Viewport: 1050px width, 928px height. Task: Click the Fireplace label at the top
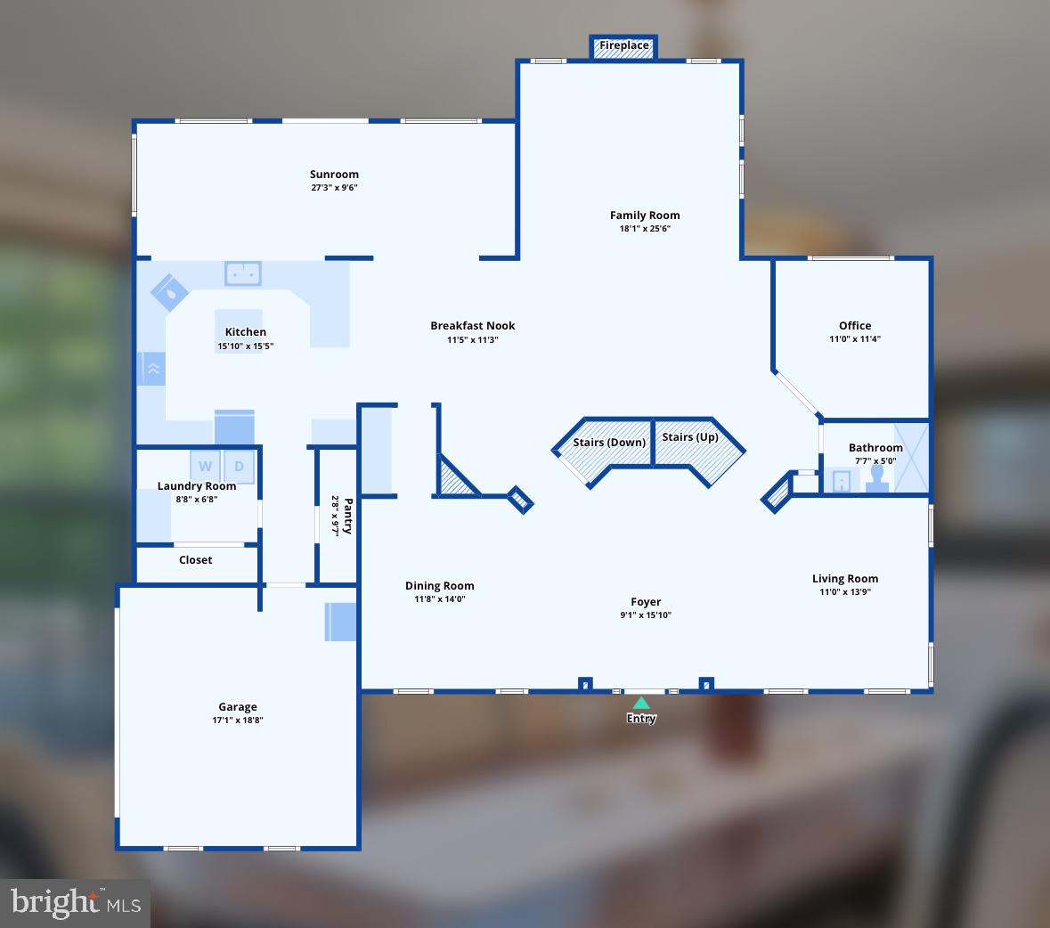(x=623, y=45)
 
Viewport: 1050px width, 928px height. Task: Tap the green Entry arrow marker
(x=641, y=704)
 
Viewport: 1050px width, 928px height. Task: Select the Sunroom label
(x=334, y=175)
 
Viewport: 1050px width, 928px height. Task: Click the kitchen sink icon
(x=242, y=273)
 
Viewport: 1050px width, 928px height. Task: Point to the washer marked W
(x=206, y=466)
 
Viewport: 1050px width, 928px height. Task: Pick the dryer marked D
(x=239, y=466)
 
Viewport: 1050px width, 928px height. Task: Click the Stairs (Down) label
(x=609, y=443)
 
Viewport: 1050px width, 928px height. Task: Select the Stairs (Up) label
(x=690, y=437)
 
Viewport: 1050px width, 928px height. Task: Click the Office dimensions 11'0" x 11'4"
(x=855, y=338)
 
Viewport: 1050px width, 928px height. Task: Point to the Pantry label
(x=347, y=516)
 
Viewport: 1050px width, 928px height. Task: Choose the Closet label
(x=196, y=560)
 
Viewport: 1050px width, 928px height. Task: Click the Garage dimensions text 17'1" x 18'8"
(x=238, y=720)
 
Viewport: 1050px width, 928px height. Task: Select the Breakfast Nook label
(x=472, y=326)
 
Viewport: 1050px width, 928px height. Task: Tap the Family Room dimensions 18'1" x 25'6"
(x=645, y=228)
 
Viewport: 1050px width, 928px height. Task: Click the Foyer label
(x=646, y=602)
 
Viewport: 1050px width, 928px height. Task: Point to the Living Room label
(x=845, y=579)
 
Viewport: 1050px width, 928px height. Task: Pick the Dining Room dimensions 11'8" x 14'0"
(x=440, y=598)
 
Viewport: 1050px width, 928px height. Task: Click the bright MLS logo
(x=76, y=903)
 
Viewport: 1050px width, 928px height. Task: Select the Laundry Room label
(x=197, y=486)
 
